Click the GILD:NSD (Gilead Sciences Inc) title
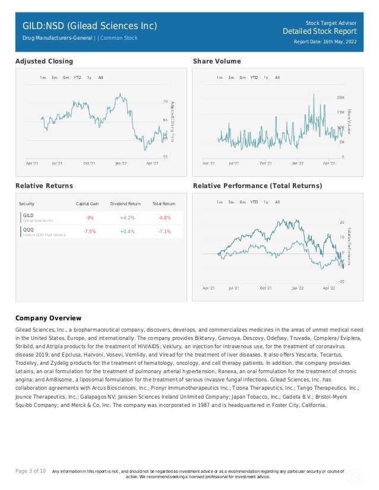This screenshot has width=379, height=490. tap(90, 26)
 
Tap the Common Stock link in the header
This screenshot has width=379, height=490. tap(119, 38)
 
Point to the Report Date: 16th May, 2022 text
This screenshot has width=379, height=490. tap(325, 42)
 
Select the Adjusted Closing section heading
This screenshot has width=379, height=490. tap(44, 61)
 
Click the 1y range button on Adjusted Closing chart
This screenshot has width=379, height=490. tap(89, 78)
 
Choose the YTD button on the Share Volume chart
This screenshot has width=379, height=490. tap(254, 78)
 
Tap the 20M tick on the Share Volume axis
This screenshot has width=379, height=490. tap(340, 97)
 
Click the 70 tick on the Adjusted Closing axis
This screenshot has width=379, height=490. tap(165, 102)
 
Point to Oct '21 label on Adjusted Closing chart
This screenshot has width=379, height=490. tap(89, 163)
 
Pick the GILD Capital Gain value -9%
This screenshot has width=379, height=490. tap(89, 218)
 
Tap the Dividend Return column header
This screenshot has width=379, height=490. tap(125, 203)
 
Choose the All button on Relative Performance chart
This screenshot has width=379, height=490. tap(277, 202)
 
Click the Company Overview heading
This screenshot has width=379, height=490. tap(48, 319)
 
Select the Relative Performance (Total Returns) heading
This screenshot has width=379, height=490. tap(258, 186)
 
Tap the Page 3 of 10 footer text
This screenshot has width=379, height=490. tap(30, 471)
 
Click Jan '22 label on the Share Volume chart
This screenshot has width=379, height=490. tap(297, 163)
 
